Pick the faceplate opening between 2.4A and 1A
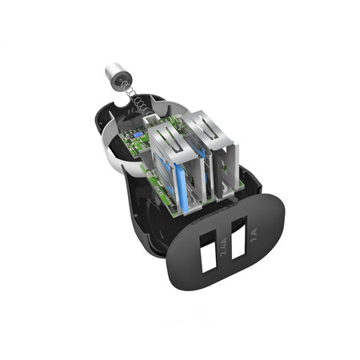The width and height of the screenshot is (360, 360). click(237, 250)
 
